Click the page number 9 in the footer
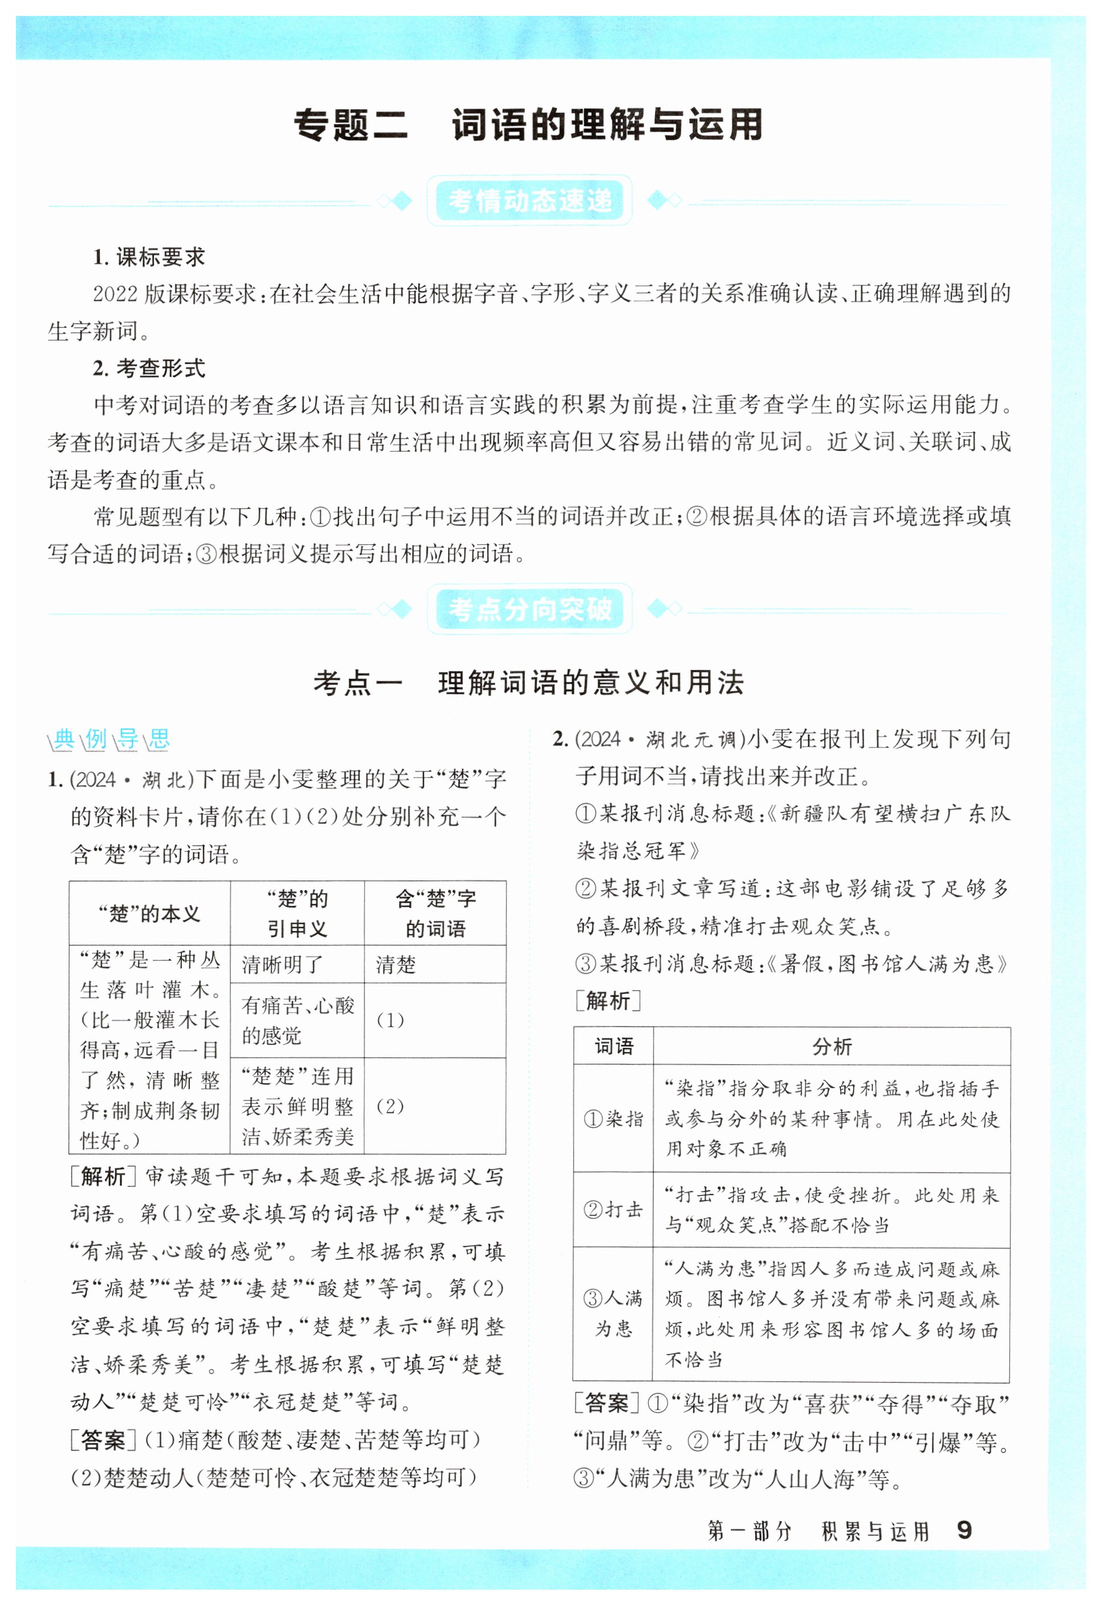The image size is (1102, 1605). click(x=964, y=1530)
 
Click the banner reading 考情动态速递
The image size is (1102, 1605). click(x=529, y=201)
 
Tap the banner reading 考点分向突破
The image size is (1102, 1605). click(x=529, y=609)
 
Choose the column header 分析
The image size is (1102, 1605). click(x=832, y=1046)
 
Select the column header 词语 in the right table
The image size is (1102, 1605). click(x=614, y=1046)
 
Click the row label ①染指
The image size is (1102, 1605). click(x=614, y=1118)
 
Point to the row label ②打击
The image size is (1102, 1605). click(x=614, y=1209)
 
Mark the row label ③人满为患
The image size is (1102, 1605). click(x=614, y=1313)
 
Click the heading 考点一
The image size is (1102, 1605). click(x=357, y=683)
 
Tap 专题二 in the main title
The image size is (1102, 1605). click(x=351, y=126)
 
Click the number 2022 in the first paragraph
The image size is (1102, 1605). click(x=115, y=294)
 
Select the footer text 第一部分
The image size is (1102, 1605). click(x=750, y=1531)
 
